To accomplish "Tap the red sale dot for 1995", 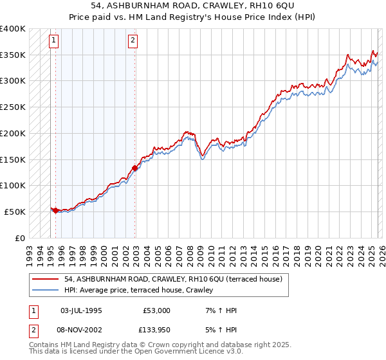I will [x=55, y=210].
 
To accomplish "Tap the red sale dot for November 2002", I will [x=135, y=168].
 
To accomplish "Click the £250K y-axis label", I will [x=13, y=107].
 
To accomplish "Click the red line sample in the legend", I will [x=46, y=279].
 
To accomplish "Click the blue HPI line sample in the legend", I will [x=46, y=291].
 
